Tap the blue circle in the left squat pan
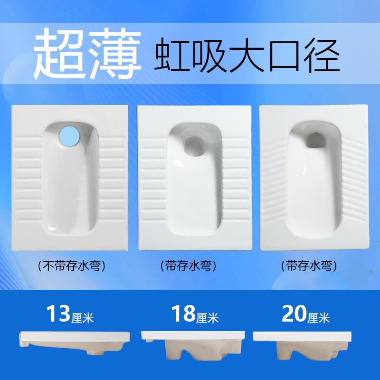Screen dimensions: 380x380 [70, 135]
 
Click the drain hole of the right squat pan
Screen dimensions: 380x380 [313, 139]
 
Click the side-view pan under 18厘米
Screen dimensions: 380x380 [192, 349]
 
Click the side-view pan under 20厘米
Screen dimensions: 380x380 [309, 349]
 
